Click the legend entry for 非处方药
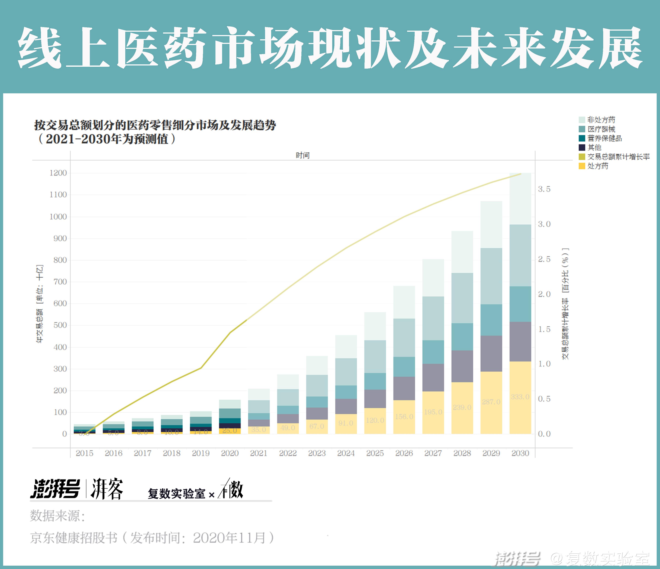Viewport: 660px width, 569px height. pos(601,120)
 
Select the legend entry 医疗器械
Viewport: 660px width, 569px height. pos(601,129)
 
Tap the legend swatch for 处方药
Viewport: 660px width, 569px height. pos(582,166)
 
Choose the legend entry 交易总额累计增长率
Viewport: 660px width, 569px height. pos(618,157)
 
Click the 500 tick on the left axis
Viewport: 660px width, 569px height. pos(60,325)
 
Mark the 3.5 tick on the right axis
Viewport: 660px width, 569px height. pos(544,189)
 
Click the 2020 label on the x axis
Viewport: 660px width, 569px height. pos(230,453)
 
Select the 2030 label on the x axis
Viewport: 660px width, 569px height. pos(520,453)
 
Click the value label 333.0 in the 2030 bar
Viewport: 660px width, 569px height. pos(520,397)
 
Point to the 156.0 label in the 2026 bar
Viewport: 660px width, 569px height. pos(404,416)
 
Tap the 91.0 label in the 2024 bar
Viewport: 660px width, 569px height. pos(346,423)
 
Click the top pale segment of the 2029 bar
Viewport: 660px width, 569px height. pos(491,224)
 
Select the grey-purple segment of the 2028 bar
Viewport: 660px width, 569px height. pos(462,366)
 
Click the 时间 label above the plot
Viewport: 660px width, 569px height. pos(302,155)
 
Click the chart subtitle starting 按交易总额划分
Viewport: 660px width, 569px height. pos(155,125)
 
